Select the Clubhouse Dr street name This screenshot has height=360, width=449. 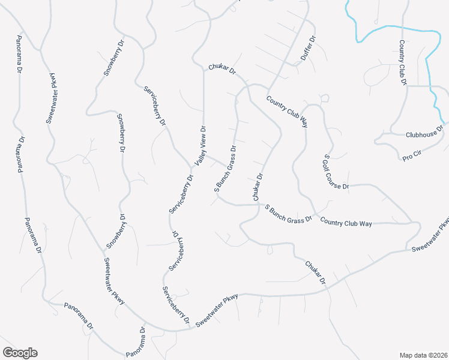424,132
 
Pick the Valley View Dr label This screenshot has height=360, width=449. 200,146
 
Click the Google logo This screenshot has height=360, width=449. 20,353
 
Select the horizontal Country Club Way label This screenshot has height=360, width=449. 346,223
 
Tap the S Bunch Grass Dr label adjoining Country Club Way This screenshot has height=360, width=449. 289,214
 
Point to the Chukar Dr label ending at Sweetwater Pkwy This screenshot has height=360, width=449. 315,272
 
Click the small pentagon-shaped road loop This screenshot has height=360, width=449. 324,97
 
